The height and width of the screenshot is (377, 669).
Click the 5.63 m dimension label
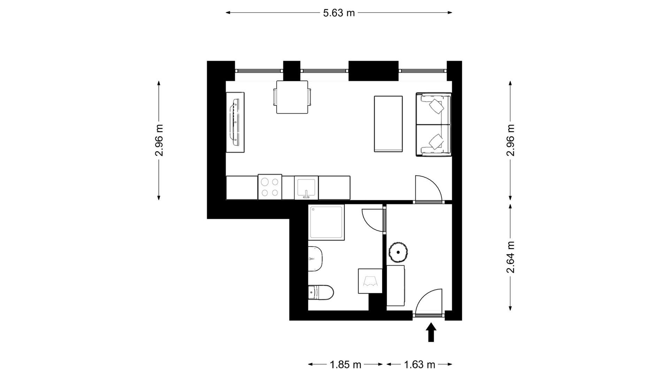click(x=339, y=13)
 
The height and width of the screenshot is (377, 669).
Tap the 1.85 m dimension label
click(x=345, y=365)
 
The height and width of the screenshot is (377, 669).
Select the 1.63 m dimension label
click(x=420, y=365)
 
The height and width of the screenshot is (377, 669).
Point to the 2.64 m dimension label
click(x=510, y=257)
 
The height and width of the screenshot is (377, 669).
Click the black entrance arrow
click(x=431, y=332)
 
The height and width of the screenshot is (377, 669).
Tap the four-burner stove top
click(x=270, y=187)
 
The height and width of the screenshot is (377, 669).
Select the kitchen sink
click(x=306, y=187)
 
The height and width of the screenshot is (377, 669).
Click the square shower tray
click(x=326, y=222)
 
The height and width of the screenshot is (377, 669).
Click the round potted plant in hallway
click(x=398, y=252)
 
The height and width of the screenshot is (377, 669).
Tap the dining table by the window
click(x=292, y=97)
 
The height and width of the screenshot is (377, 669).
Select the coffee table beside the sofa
click(x=388, y=124)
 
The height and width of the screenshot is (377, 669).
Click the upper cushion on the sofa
click(x=437, y=106)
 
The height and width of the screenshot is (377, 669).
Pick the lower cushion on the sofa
click(x=437, y=141)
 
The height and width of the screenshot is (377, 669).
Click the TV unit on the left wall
click(x=235, y=122)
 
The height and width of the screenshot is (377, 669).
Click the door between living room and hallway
click(x=429, y=188)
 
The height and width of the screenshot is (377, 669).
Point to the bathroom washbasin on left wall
click(x=315, y=259)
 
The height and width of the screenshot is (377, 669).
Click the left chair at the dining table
click(x=275, y=97)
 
